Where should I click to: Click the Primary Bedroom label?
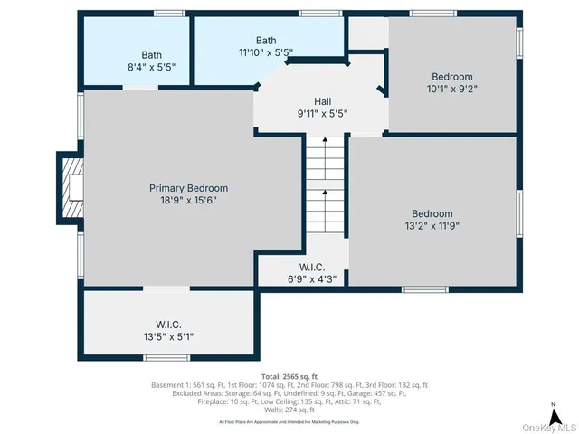point(188,188)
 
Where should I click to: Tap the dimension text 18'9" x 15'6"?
point(188,201)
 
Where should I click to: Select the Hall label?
point(323,101)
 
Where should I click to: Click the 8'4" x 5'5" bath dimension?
point(151,67)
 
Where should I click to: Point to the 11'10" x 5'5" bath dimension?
point(266,52)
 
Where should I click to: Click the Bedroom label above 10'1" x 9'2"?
point(451,77)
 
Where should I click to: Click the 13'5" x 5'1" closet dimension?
point(169,336)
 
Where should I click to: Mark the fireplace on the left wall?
point(71,187)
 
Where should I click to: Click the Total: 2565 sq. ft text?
point(289,375)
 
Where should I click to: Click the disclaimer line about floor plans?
point(289,421)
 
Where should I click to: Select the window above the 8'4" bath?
point(169,14)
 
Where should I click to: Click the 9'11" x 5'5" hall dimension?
point(323,114)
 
